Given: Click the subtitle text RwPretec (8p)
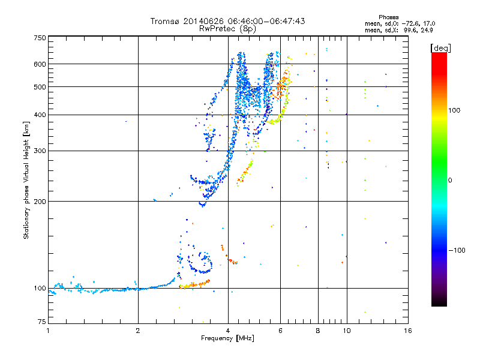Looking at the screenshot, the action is [227, 29].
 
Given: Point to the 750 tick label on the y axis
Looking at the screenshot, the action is [40, 38].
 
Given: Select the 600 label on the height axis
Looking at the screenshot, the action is [40, 64].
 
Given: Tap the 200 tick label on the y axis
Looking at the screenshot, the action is [40, 202].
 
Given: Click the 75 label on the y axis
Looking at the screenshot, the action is [42, 322].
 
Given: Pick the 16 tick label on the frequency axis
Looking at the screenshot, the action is [408, 331].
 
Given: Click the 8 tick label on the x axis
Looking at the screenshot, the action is [318, 331].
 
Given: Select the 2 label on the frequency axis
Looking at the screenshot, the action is [138, 331].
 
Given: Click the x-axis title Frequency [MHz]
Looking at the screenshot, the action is [227, 338].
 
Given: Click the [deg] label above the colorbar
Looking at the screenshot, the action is [440, 48].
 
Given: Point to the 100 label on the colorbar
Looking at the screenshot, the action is [454, 110].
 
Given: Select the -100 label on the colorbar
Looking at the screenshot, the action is [457, 250].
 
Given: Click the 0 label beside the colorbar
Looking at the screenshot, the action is [450, 181].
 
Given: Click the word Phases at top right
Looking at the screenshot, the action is [388, 17].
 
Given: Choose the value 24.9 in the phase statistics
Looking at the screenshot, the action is [427, 30].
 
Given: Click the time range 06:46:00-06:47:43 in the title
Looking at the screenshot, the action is [266, 21].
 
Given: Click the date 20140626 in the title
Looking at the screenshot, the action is [203, 21].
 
